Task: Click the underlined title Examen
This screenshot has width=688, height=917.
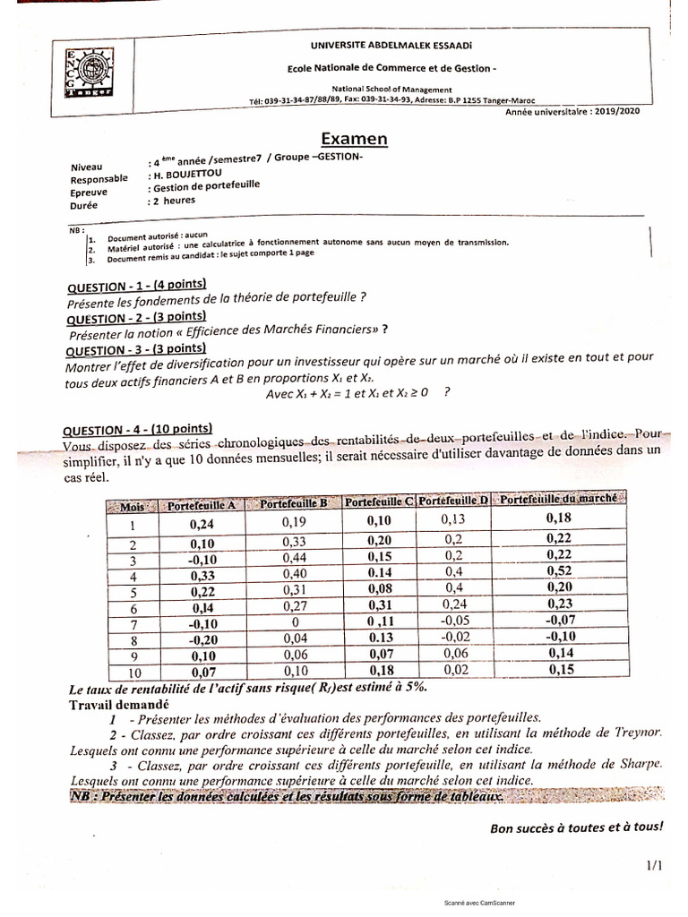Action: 355,139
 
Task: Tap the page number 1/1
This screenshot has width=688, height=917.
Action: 652,865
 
